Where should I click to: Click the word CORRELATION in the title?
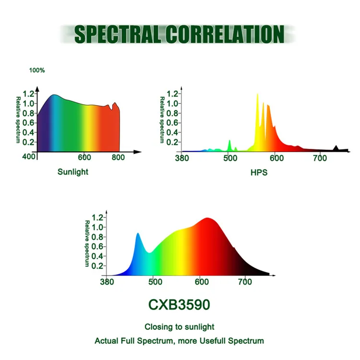225,34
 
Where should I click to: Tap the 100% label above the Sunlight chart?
37,71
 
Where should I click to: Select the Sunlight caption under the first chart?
73,172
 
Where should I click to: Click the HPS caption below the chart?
259,172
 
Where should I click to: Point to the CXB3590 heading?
179,305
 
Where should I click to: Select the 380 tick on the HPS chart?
183,157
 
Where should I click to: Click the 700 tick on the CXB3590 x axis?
245,282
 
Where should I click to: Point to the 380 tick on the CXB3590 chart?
107,282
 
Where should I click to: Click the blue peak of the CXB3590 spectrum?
138,235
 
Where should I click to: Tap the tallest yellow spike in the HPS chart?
257,96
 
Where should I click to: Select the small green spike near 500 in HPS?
229,143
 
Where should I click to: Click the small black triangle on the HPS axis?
336,148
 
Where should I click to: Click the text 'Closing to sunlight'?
179,327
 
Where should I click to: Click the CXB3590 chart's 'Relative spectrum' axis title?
87,243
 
